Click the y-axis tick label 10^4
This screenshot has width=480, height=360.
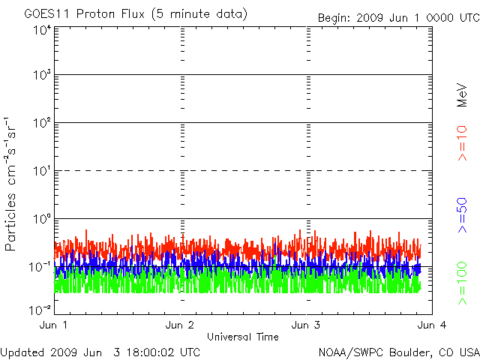tap(41, 31)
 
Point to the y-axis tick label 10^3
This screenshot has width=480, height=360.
tap(41, 76)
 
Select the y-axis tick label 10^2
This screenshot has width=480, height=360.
tap(41, 124)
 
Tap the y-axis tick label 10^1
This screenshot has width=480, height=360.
tap(41, 172)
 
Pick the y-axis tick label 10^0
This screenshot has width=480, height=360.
tap(41, 220)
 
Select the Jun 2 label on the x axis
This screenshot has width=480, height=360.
tap(181, 325)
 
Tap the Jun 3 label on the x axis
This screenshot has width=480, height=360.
tap(307, 325)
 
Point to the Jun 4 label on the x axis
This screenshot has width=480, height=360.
tap(431, 325)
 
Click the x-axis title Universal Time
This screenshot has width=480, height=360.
tap(243, 337)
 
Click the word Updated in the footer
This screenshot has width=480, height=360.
tap(22, 352)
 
